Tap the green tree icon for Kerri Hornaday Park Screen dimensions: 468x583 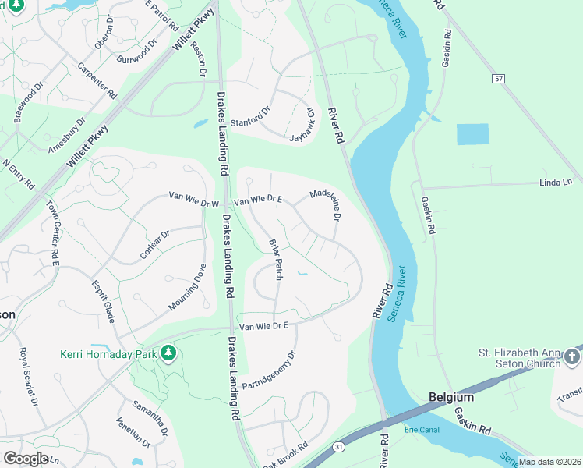coord(167,354)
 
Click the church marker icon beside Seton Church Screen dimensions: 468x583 coord(573,356)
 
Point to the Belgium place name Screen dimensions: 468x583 coord(451,397)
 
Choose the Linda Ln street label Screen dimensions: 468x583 coord(555,183)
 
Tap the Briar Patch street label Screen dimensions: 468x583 coord(275,259)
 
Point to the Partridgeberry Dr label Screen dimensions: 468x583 coord(269,370)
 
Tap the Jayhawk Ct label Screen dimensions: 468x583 coord(302,125)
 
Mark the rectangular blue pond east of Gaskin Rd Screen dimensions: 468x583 coord(472,134)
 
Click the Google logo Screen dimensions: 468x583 coord(26,459)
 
